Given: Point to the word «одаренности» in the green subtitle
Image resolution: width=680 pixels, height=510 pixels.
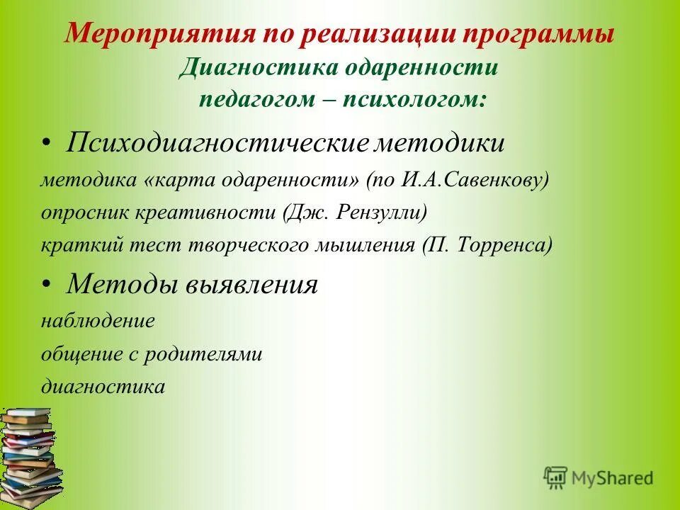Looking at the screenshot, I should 423,67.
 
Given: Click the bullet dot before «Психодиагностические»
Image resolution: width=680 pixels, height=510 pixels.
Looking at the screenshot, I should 46,144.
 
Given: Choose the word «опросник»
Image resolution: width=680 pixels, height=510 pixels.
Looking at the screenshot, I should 76,212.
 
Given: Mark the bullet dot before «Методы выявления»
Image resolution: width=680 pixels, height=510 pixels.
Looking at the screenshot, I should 46,285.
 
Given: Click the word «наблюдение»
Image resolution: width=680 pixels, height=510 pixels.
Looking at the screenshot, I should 98,320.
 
